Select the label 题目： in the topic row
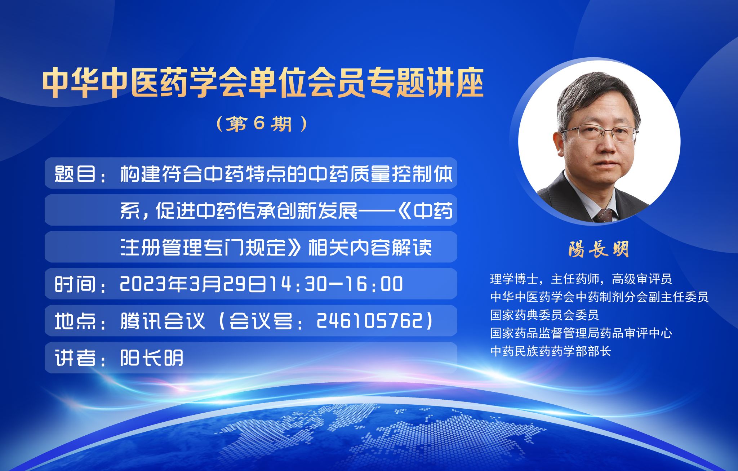pos(81,174)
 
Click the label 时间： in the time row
pos(81,284)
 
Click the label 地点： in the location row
pos(81,321)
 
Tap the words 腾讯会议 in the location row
pos(162,321)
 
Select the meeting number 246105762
pos(369,321)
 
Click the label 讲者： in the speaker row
pos(81,358)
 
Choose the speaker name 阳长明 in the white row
pos(152,358)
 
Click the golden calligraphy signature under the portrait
pos(599,249)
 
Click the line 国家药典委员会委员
pos(544,315)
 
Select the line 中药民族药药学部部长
pos(551,351)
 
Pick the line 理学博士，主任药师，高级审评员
pos(581,279)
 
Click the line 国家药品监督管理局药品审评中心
pos(581,333)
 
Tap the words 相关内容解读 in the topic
pos(370,247)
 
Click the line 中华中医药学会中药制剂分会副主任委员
pos(599,297)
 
